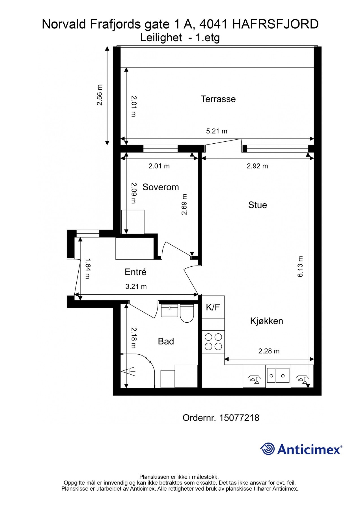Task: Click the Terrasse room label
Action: (x=218, y=99)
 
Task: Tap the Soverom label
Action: (x=161, y=187)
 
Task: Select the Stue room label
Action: (x=257, y=205)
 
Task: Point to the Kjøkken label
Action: (x=266, y=321)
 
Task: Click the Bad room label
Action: (x=166, y=341)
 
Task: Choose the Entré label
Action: (x=135, y=272)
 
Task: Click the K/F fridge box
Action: (x=213, y=307)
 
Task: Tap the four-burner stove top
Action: (x=213, y=342)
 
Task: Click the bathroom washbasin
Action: (x=169, y=310)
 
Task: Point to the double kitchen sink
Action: (x=278, y=375)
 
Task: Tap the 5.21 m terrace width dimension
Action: (x=217, y=131)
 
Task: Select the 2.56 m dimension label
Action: (x=100, y=95)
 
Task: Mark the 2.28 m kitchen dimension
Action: (x=269, y=351)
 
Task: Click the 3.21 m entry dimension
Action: (x=136, y=286)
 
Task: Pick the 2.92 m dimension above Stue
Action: (x=257, y=166)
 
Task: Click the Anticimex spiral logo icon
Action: (x=268, y=449)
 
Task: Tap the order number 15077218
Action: (x=239, y=418)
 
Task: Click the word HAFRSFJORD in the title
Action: (x=275, y=24)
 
